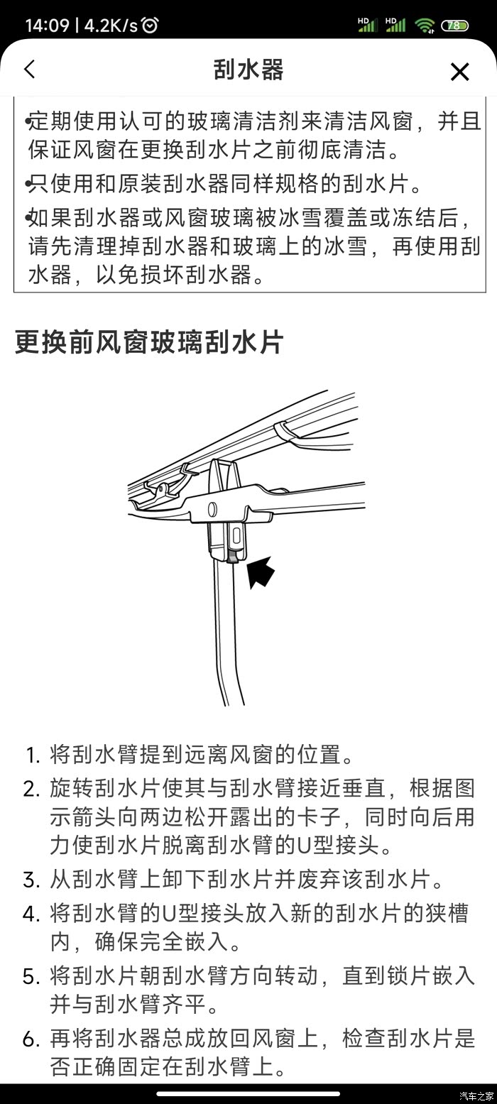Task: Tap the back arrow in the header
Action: [30, 69]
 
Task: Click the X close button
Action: [459, 72]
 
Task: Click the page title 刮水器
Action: [248, 69]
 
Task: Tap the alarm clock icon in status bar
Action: [150, 25]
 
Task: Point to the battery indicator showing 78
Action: [454, 25]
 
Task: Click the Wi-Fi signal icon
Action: [425, 25]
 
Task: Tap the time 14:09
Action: [47, 25]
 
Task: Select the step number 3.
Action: [31, 880]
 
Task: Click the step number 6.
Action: [31, 1039]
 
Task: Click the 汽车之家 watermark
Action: [476, 1095]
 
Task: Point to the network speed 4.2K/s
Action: [111, 25]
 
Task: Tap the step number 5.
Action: [31, 976]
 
